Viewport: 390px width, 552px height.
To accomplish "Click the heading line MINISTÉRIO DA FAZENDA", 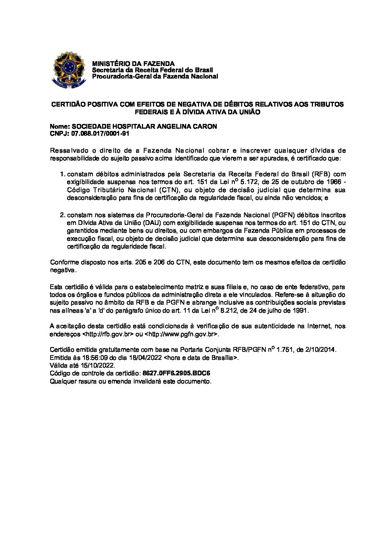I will (133, 64).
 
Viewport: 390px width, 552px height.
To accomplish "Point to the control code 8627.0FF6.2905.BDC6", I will (179, 373).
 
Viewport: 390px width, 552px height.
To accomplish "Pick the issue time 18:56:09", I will (84, 357).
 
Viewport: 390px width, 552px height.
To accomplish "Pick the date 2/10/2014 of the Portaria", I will (320, 349).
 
